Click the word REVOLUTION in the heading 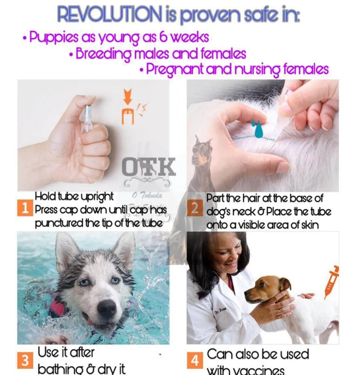coord(108,15)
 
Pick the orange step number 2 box coord(195,209)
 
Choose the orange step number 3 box coord(25,361)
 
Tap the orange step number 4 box coord(195,361)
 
